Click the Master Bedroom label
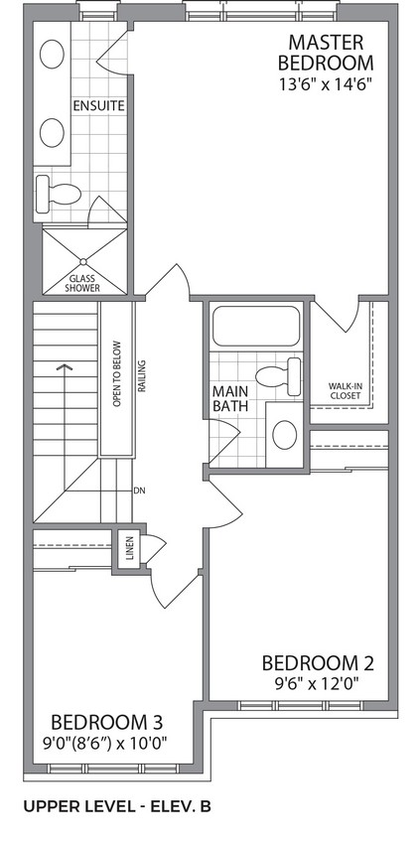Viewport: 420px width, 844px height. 326,53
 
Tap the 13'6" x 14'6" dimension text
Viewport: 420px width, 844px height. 327,85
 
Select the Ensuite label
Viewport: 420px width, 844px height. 99,105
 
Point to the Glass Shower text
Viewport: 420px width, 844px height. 82,283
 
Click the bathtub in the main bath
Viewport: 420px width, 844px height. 256,327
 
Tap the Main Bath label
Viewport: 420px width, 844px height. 230,398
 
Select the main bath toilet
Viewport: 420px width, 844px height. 278,375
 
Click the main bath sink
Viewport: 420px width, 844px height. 285,434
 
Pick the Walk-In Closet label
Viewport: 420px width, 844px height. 345,391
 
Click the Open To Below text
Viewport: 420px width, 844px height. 117,374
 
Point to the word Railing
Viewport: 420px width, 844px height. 143,375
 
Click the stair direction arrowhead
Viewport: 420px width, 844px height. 65,367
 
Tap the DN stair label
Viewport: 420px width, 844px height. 139,491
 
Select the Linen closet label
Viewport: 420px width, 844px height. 129,548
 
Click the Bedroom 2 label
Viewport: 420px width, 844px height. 317,663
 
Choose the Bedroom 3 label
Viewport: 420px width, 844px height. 106,721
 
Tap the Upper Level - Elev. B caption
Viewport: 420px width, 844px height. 117,806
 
